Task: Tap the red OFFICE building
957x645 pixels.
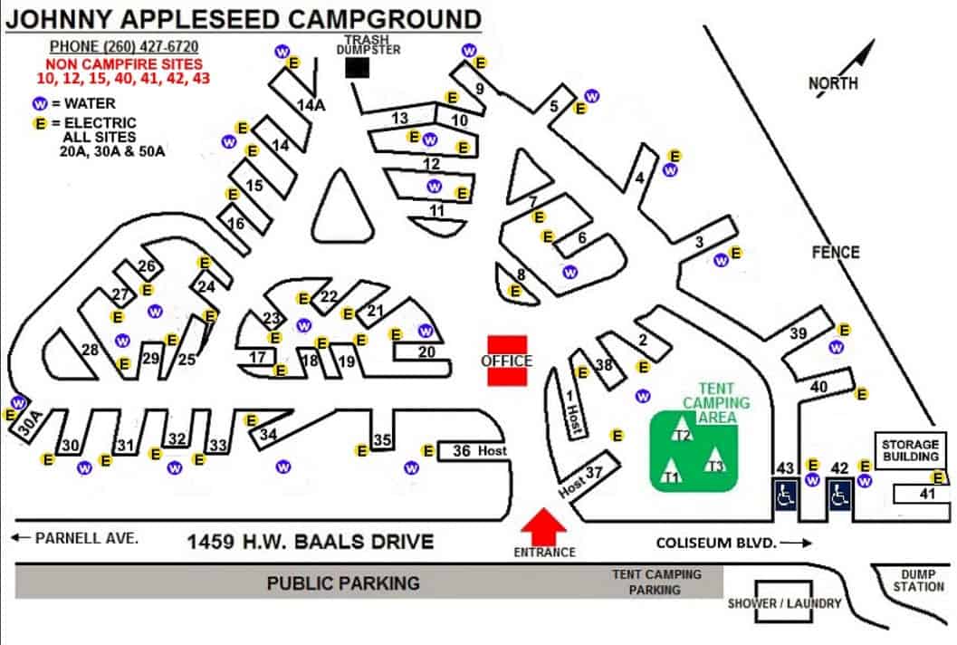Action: (x=507, y=361)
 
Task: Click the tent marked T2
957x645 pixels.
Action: (x=683, y=433)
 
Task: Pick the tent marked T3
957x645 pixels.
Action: (x=716, y=462)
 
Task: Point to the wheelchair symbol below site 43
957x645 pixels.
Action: (x=785, y=495)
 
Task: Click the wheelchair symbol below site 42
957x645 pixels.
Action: (x=839, y=495)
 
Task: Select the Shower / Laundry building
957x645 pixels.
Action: (x=785, y=603)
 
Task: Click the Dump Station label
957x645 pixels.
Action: (x=920, y=580)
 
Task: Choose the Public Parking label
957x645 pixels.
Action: (x=343, y=582)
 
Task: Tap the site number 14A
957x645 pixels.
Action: (x=311, y=105)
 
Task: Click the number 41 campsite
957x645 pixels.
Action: (x=925, y=494)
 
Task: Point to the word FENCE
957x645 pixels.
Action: (x=836, y=252)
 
